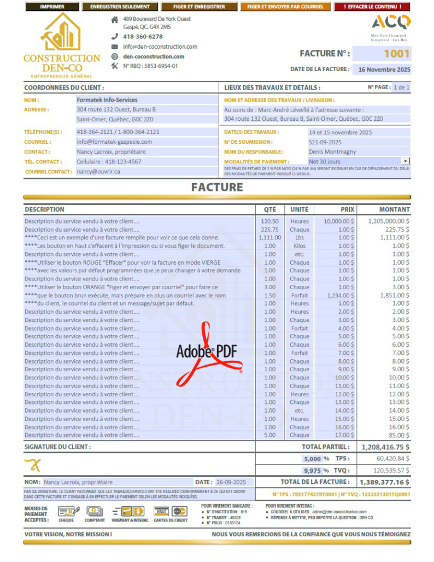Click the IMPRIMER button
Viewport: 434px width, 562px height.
tap(52, 7)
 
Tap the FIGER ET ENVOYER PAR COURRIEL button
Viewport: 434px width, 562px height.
tap(285, 7)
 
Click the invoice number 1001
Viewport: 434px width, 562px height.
tap(396, 54)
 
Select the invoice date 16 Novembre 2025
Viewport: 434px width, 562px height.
tap(384, 69)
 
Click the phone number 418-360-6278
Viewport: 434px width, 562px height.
tap(143, 37)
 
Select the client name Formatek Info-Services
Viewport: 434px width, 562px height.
tap(107, 100)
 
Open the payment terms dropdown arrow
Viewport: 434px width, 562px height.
tap(405, 161)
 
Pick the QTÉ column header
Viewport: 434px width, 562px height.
tap(270, 209)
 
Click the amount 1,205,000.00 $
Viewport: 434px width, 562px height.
tap(389, 221)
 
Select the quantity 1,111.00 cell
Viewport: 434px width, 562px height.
tap(270, 238)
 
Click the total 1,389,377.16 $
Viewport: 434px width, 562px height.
tap(384, 482)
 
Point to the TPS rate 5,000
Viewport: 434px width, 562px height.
tap(313, 459)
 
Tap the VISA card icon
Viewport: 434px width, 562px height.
tap(161, 511)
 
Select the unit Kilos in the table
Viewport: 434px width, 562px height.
tap(299, 246)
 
